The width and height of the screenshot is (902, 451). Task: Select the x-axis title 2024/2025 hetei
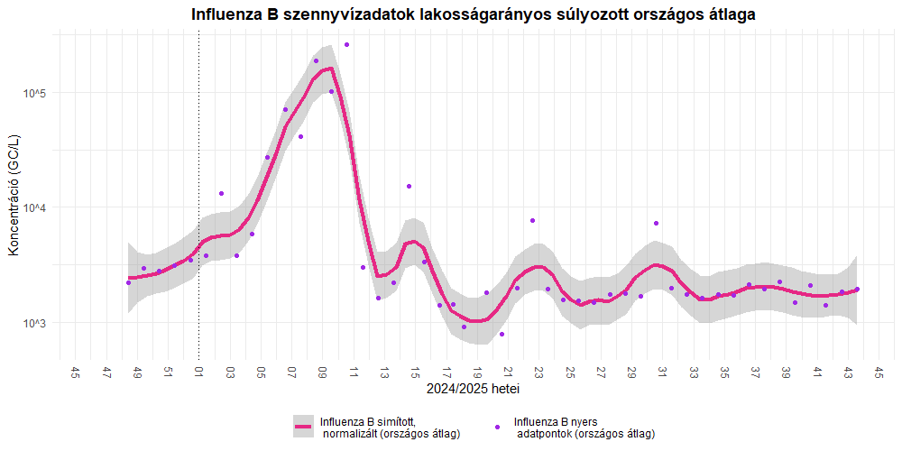tap(473, 390)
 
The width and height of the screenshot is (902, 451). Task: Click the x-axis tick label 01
tap(199, 373)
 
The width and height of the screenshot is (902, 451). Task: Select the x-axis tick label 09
tap(323, 373)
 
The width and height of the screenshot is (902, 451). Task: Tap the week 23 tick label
tap(538, 373)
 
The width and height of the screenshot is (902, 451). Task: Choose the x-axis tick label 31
tap(662, 373)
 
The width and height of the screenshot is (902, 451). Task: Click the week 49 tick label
tap(137, 373)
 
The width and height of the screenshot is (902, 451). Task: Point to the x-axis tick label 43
tap(848, 373)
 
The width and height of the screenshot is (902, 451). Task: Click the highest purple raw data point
tap(346, 44)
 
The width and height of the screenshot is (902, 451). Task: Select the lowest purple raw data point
tap(502, 334)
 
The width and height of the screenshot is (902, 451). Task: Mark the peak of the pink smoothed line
tap(330, 69)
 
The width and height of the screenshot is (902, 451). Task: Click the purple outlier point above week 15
tap(409, 186)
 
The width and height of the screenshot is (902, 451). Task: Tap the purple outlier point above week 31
tap(657, 223)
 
